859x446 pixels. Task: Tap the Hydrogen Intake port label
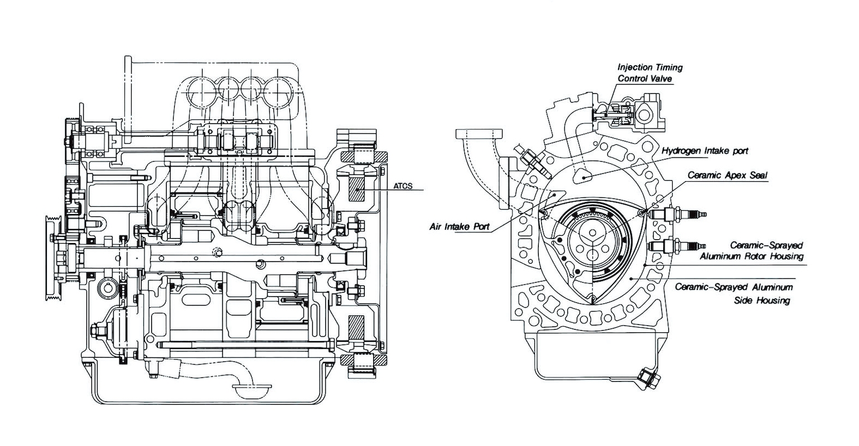pos(705,151)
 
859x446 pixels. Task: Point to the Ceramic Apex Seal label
pos(727,175)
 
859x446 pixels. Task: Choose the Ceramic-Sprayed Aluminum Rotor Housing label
pos(751,250)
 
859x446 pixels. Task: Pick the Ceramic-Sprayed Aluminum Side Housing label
pos(733,293)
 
